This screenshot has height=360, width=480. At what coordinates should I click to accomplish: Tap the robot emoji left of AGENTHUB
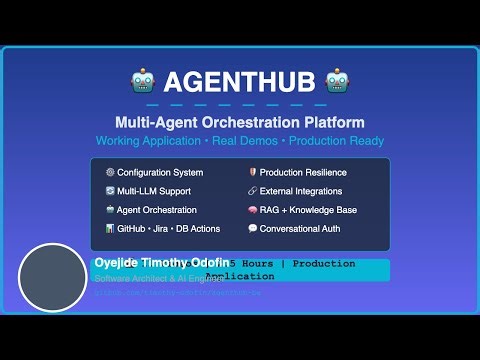tap(141, 81)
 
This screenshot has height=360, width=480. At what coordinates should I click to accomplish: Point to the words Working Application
tap(141, 141)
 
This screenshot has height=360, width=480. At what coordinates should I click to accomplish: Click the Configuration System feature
tap(160, 172)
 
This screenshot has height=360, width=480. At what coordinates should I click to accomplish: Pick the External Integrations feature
tap(301, 191)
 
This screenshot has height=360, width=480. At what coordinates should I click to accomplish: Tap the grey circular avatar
tap(53, 277)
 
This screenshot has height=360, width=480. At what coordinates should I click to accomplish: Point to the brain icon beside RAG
tap(252, 210)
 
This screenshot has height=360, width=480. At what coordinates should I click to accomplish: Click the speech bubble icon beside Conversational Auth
tap(252, 229)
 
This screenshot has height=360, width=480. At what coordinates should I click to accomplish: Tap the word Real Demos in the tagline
tap(239, 141)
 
